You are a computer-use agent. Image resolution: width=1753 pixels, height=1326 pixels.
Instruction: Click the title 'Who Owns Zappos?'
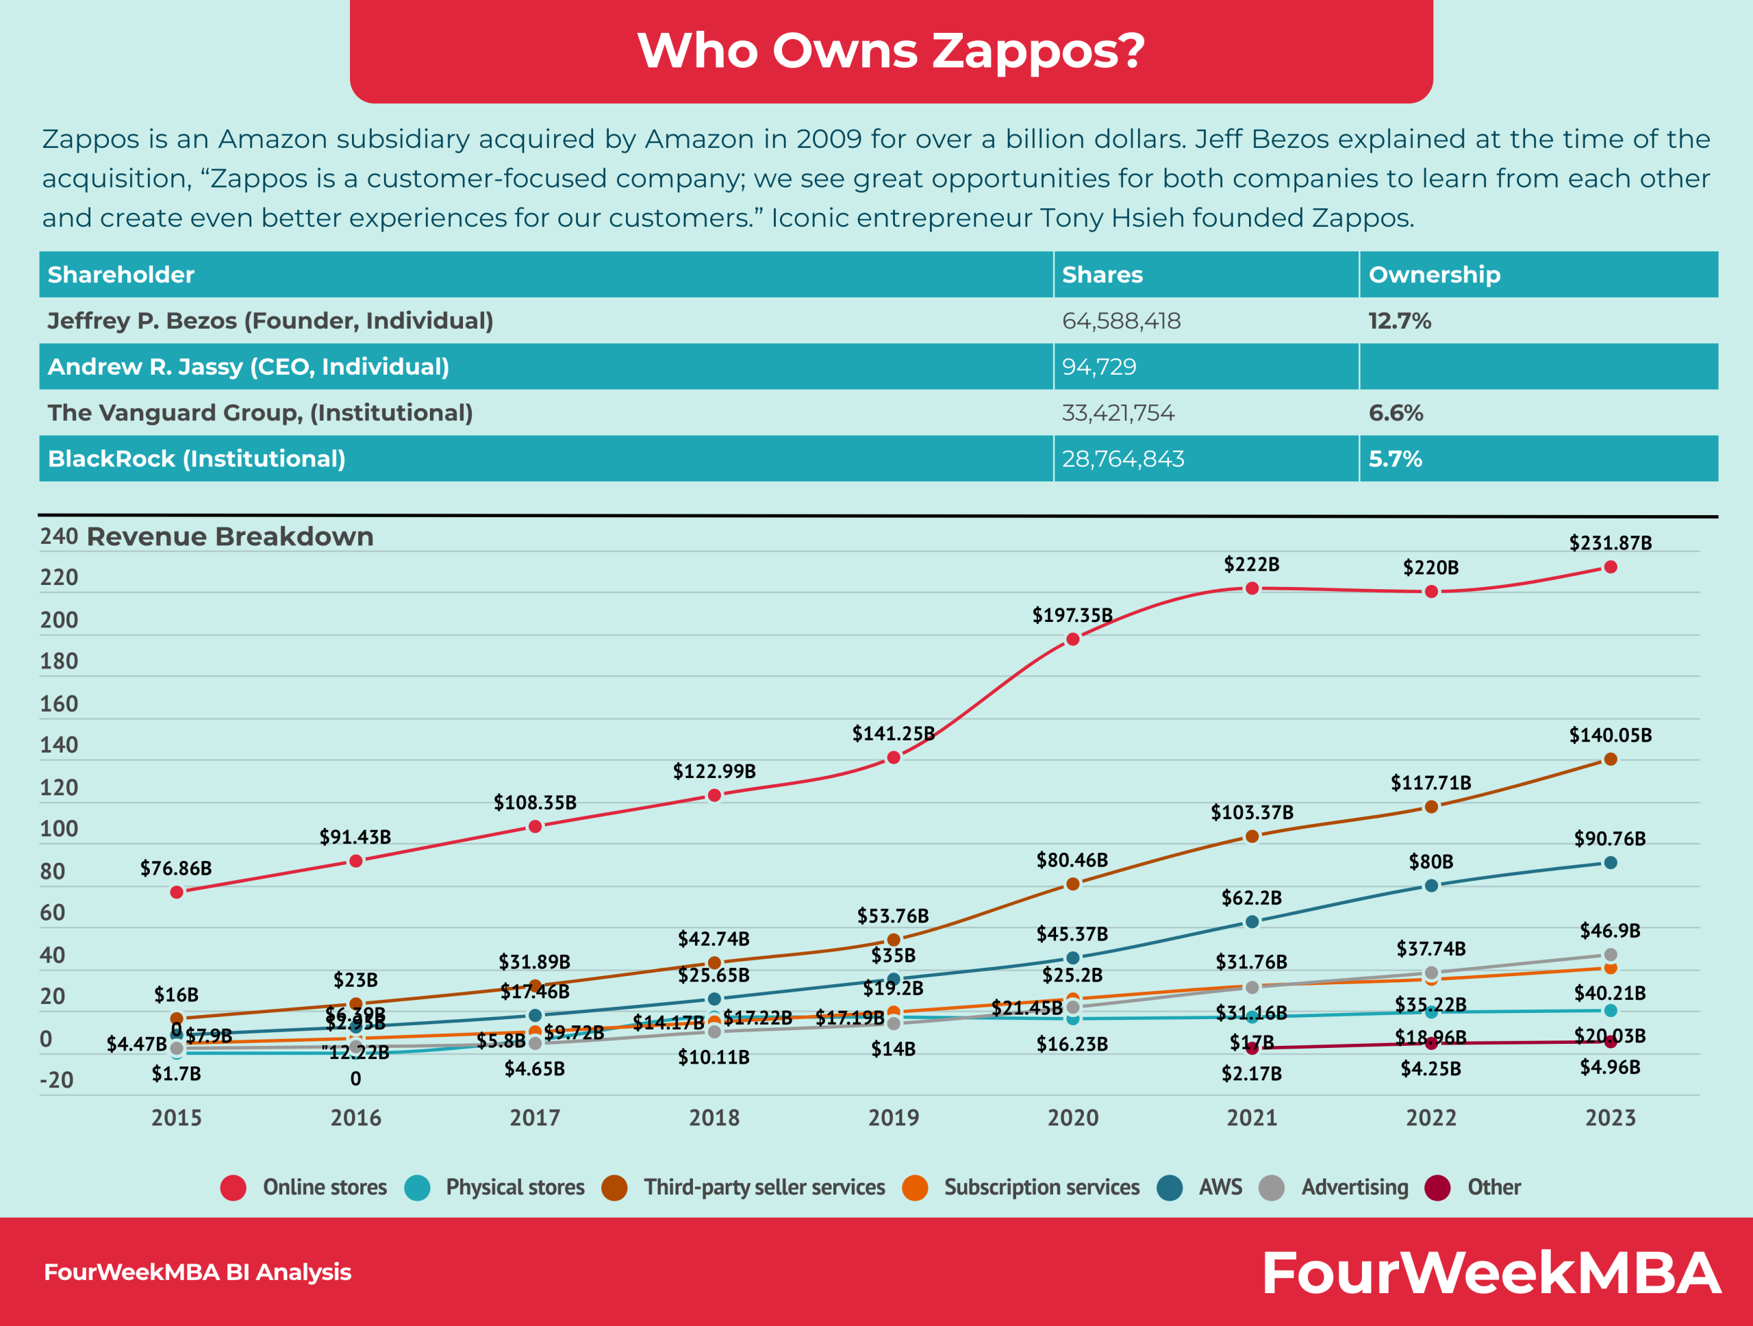(x=891, y=51)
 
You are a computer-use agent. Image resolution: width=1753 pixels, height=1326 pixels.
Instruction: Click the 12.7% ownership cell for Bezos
(x=1399, y=321)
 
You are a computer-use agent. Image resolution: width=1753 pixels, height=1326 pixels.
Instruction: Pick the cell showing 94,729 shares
(x=1098, y=366)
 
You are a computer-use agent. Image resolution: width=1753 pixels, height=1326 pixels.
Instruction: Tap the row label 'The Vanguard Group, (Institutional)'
(x=260, y=412)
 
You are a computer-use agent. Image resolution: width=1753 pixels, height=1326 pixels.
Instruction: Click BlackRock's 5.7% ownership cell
(x=1395, y=458)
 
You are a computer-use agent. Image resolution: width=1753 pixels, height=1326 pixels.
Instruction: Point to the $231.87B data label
(x=1611, y=543)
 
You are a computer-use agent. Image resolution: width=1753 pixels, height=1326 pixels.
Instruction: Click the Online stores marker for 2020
(x=1072, y=639)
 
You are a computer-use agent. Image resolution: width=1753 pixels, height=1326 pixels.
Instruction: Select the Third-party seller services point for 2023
(x=1611, y=760)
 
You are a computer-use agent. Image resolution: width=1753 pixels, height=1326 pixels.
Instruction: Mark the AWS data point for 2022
(x=1431, y=886)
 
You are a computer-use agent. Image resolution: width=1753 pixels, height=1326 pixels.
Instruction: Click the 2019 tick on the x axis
(x=893, y=1118)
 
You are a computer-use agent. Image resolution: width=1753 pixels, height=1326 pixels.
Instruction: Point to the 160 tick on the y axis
(x=60, y=704)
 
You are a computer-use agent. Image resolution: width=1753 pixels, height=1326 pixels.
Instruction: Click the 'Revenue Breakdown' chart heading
(x=230, y=536)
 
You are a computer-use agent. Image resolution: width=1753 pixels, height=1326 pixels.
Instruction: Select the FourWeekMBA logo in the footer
(x=1490, y=1272)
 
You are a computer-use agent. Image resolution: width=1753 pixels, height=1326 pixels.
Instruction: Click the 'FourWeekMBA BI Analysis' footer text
(x=197, y=1272)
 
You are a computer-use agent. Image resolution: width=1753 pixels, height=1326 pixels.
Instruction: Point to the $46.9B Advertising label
(x=1610, y=931)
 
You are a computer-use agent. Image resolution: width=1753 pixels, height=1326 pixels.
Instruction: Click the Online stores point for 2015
(x=177, y=892)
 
